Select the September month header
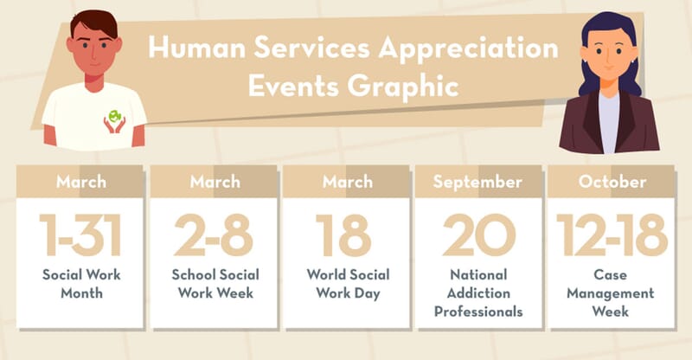coord(477,183)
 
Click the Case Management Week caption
coord(611,293)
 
